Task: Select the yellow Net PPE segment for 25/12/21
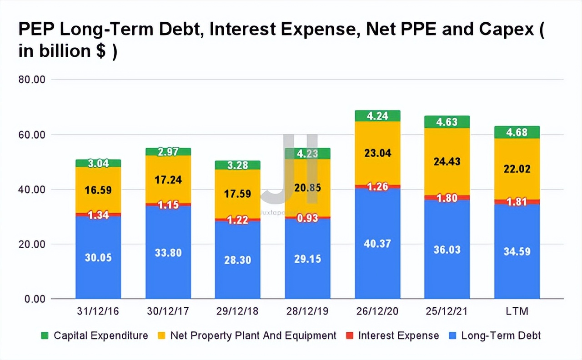click(x=447, y=162)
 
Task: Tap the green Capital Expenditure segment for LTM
click(x=517, y=132)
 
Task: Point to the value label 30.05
click(x=98, y=257)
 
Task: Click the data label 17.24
click(x=168, y=180)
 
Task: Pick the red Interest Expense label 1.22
click(x=237, y=220)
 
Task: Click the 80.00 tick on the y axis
click(x=32, y=80)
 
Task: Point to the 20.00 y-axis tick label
click(x=32, y=245)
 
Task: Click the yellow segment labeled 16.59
click(x=98, y=190)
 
